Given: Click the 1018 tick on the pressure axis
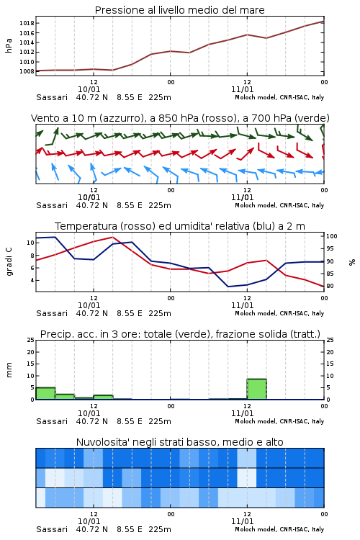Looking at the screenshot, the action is tap(27, 24).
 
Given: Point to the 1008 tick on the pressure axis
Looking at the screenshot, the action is tap(27, 71).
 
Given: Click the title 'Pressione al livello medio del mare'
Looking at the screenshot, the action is tap(180, 10).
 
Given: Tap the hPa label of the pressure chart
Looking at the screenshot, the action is tap(9, 45).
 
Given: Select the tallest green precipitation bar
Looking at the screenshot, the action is tap(256, 389).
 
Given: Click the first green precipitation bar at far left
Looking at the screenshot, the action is tap(45, 393).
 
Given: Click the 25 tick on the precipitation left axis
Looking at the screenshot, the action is tap(31, 340).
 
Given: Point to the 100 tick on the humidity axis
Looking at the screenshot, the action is tap(332, 236).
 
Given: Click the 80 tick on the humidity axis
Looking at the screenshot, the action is tap(330, 286).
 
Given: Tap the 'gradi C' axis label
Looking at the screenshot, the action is tap(9, 262).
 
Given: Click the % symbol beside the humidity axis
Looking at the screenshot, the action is tap(352, 262).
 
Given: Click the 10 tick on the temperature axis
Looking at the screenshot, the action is tap(30, 243).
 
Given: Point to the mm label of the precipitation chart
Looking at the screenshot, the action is tap(9, 370).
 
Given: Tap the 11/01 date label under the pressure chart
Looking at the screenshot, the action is tap(242, 89).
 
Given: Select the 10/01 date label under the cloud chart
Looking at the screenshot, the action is tap(89, 521).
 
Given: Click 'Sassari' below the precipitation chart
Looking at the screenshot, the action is tap(52, 421).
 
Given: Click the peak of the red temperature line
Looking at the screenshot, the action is tap(112, 237).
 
